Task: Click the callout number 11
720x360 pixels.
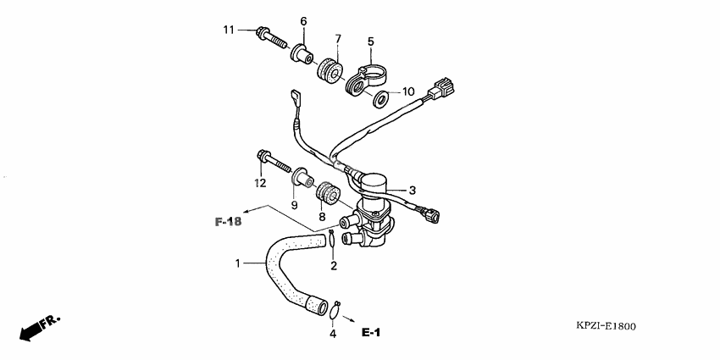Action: (x=228, y=30)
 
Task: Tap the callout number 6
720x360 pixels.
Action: (x=303, y=20)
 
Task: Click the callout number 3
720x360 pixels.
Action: (x=413, y=190)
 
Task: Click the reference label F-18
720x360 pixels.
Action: (x=228, y=222)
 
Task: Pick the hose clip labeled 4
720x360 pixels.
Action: (x=336, y=307)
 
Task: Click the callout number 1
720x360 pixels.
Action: (x=238, y=263)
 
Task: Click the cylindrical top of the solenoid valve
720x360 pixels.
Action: (x=369, y=182)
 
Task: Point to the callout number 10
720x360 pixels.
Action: (x=407, y=91)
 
